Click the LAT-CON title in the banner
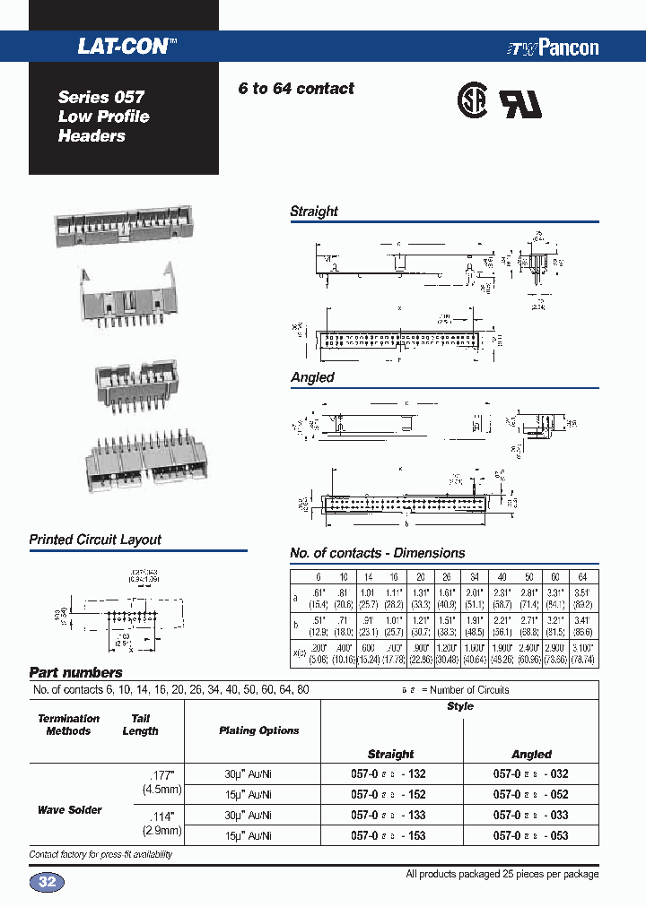coord(123,47)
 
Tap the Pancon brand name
coord(565,48)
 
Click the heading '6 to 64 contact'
coord(296,89)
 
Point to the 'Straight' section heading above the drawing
coord(314,212)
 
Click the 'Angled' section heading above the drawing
coord(312,377)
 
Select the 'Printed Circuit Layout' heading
coord(95,540)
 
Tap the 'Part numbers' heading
coord(76,672)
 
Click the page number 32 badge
coord(48,883)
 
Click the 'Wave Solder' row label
coord(70,809)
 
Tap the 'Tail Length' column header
coord(140,724)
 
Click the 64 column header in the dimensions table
coord(582,576)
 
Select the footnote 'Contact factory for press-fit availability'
coord(100,855)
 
